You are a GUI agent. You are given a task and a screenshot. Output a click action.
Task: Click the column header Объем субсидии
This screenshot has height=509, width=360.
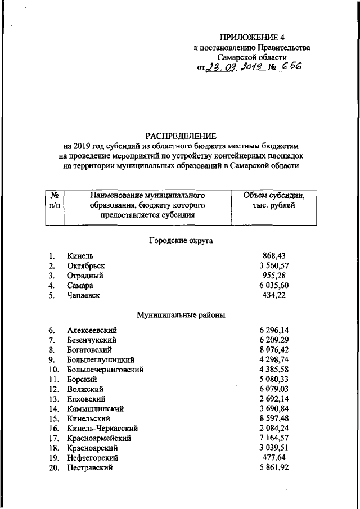(x=273, y=196)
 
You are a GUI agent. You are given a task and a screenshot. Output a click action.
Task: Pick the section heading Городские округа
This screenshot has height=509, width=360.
(x=181, y=240)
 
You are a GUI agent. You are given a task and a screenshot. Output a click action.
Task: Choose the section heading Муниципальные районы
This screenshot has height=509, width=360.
(x=181, y=316)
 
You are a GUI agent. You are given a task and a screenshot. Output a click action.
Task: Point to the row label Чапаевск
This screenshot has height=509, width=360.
(x=83, y=296)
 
